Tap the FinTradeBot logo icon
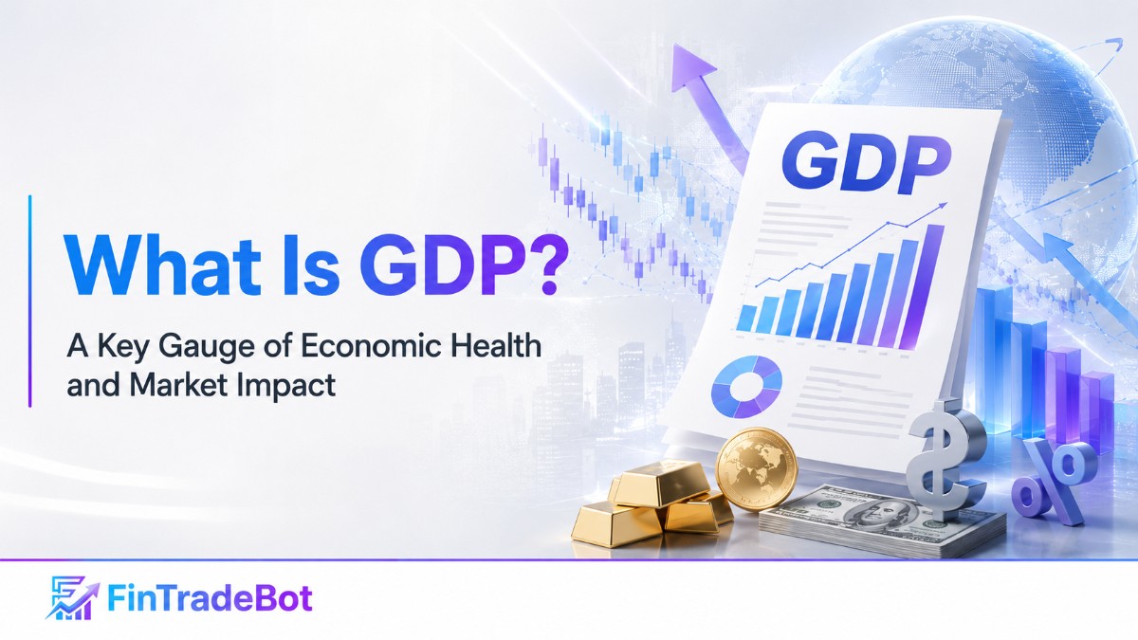72,597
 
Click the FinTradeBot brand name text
210,598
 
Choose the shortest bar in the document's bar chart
745,318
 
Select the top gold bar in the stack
658,481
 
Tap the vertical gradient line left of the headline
30,301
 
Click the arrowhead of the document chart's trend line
943,206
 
